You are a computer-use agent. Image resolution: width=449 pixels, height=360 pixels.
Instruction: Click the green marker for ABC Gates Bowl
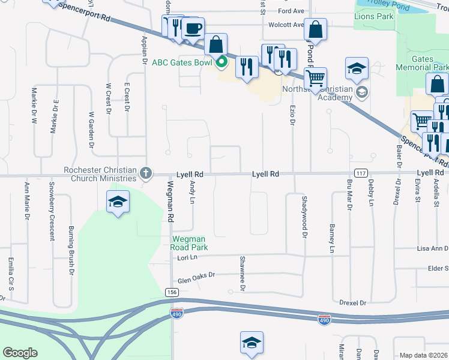[x=221, y=61]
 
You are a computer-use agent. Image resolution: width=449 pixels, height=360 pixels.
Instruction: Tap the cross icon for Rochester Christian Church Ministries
[x=145, y=174]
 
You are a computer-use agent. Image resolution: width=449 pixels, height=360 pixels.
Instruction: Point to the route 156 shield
[x=172, y=292]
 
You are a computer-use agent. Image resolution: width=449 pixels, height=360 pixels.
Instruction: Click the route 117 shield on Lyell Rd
[x=361, y=173]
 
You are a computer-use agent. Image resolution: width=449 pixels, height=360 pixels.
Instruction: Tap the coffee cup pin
[x=193, y=29]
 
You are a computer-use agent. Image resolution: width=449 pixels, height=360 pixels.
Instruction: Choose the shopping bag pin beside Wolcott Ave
[x=315, y=30]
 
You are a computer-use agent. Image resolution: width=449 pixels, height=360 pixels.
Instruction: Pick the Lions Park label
[x=374, y=16]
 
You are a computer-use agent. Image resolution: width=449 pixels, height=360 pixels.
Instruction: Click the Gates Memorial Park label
[x=423, y=64]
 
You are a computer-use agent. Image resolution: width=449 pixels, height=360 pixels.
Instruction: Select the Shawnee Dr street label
[x=243, y=274]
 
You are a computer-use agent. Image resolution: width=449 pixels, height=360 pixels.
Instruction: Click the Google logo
[x=20, y=353]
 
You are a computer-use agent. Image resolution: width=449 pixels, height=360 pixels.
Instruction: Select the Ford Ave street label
[x=292, y=11]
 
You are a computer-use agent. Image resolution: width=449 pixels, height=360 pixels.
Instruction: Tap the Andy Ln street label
[x=193, y=192]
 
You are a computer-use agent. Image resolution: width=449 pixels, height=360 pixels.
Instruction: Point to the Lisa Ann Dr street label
[x=433, y=248]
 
